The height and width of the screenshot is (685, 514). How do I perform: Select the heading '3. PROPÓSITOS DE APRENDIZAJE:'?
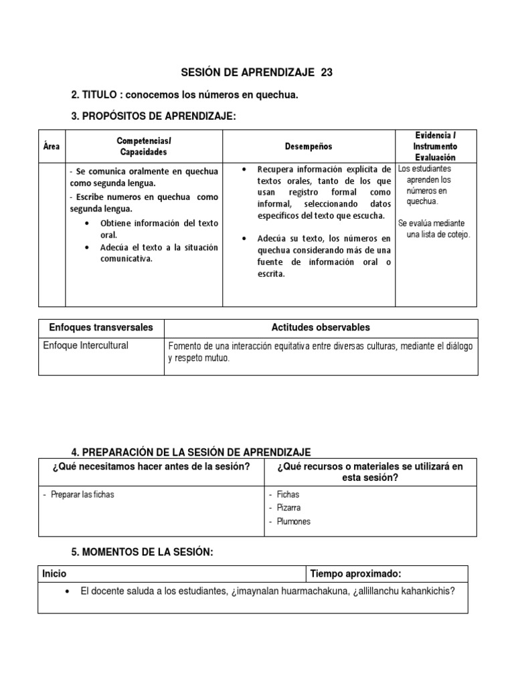coord(153,116)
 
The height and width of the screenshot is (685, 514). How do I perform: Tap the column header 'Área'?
coord(51,146)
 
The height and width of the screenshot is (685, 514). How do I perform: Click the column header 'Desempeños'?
coord(309,146)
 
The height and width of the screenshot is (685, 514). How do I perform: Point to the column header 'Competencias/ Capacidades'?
coord(143,146)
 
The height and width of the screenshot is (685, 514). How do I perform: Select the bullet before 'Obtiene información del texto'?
coord(88,223)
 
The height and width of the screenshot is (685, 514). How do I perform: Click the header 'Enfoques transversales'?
coord(101,328)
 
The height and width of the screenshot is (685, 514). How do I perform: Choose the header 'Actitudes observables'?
coord(321,328)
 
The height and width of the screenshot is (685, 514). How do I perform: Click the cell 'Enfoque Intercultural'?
coord(86,346)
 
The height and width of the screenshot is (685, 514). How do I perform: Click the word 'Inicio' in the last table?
coord(54,574)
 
